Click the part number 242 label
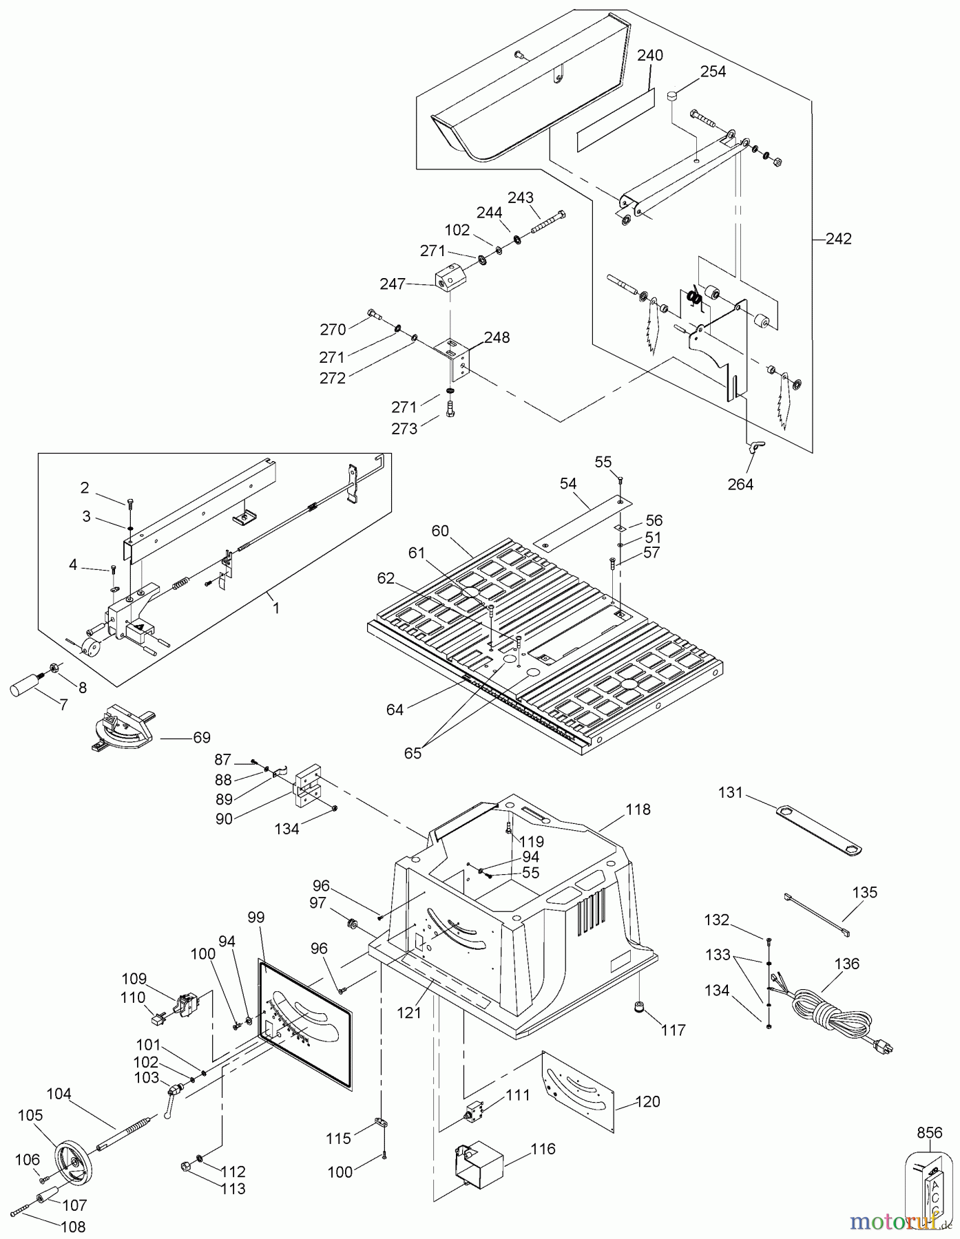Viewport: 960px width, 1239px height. coord(839,239)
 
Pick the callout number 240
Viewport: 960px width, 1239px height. coord(649,55)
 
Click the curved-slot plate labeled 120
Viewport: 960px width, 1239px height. coord(577,1094)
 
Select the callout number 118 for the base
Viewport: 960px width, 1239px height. coord(638,809)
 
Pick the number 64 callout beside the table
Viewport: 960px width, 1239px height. coord(395,710)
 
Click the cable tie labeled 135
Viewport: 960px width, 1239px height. coord(817,913)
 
